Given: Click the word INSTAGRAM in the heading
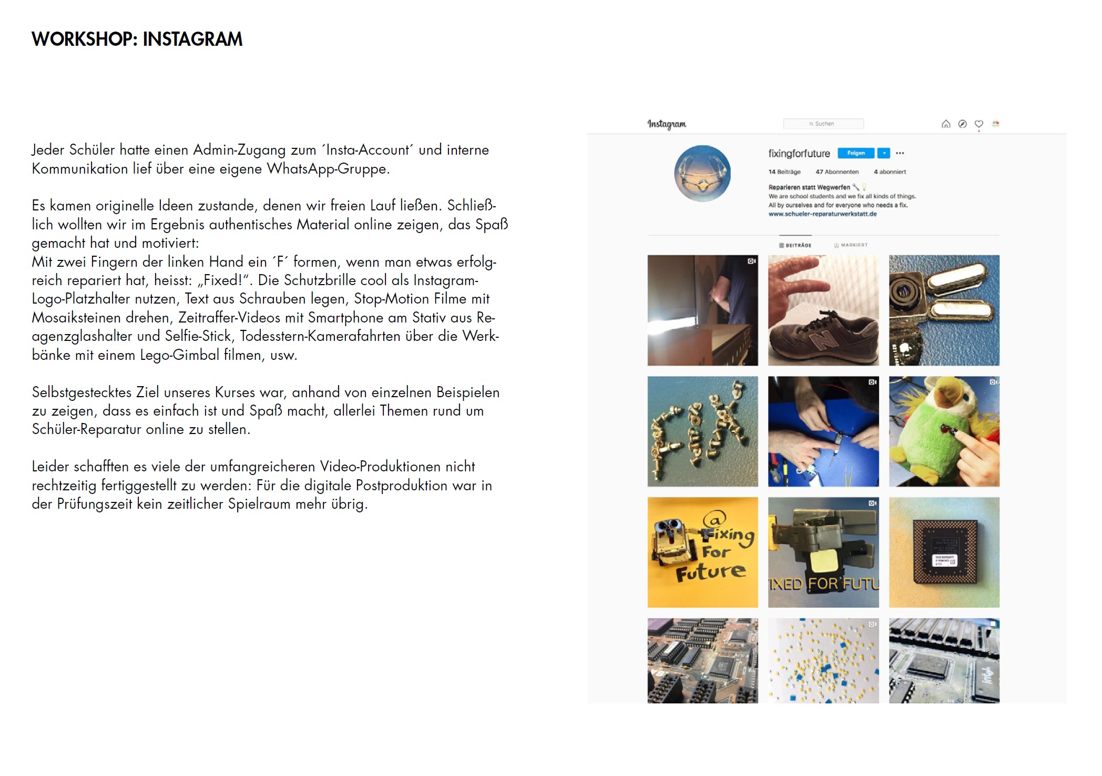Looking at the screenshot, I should pos(192,39).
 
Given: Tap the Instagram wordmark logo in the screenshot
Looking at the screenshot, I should pos(666,124).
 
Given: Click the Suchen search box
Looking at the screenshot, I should pos(823,124).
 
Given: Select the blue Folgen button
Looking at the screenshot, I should pos(855,153).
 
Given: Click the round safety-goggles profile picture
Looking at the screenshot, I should pos(702,173).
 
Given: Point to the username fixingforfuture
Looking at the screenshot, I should pos(799,154).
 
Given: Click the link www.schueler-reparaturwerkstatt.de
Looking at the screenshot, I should pos(822,214).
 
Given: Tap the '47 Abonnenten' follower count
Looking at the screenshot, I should pos(836,172).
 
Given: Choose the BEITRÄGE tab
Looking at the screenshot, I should pos(795,245).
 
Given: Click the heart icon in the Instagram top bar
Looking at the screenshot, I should pos(978,124).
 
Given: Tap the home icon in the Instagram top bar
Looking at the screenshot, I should pos(945,124).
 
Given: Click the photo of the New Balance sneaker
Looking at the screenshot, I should pos(823,310).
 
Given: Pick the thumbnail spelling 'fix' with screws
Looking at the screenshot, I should pos(702,431).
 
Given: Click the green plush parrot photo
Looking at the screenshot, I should pos(944,431).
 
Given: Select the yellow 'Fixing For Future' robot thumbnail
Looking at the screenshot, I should pos(702,552).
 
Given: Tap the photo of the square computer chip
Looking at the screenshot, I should pos(944,552).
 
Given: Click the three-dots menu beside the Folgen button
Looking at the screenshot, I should pos(900,153).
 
